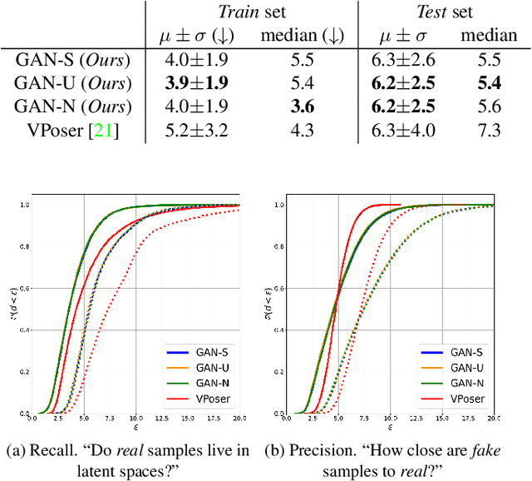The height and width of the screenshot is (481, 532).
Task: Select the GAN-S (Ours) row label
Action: point(74,61)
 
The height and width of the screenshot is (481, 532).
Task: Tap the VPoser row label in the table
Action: point(65,129)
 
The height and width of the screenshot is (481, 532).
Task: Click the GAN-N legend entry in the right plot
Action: point(467,384)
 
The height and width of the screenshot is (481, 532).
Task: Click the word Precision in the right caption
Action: point(317,451)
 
